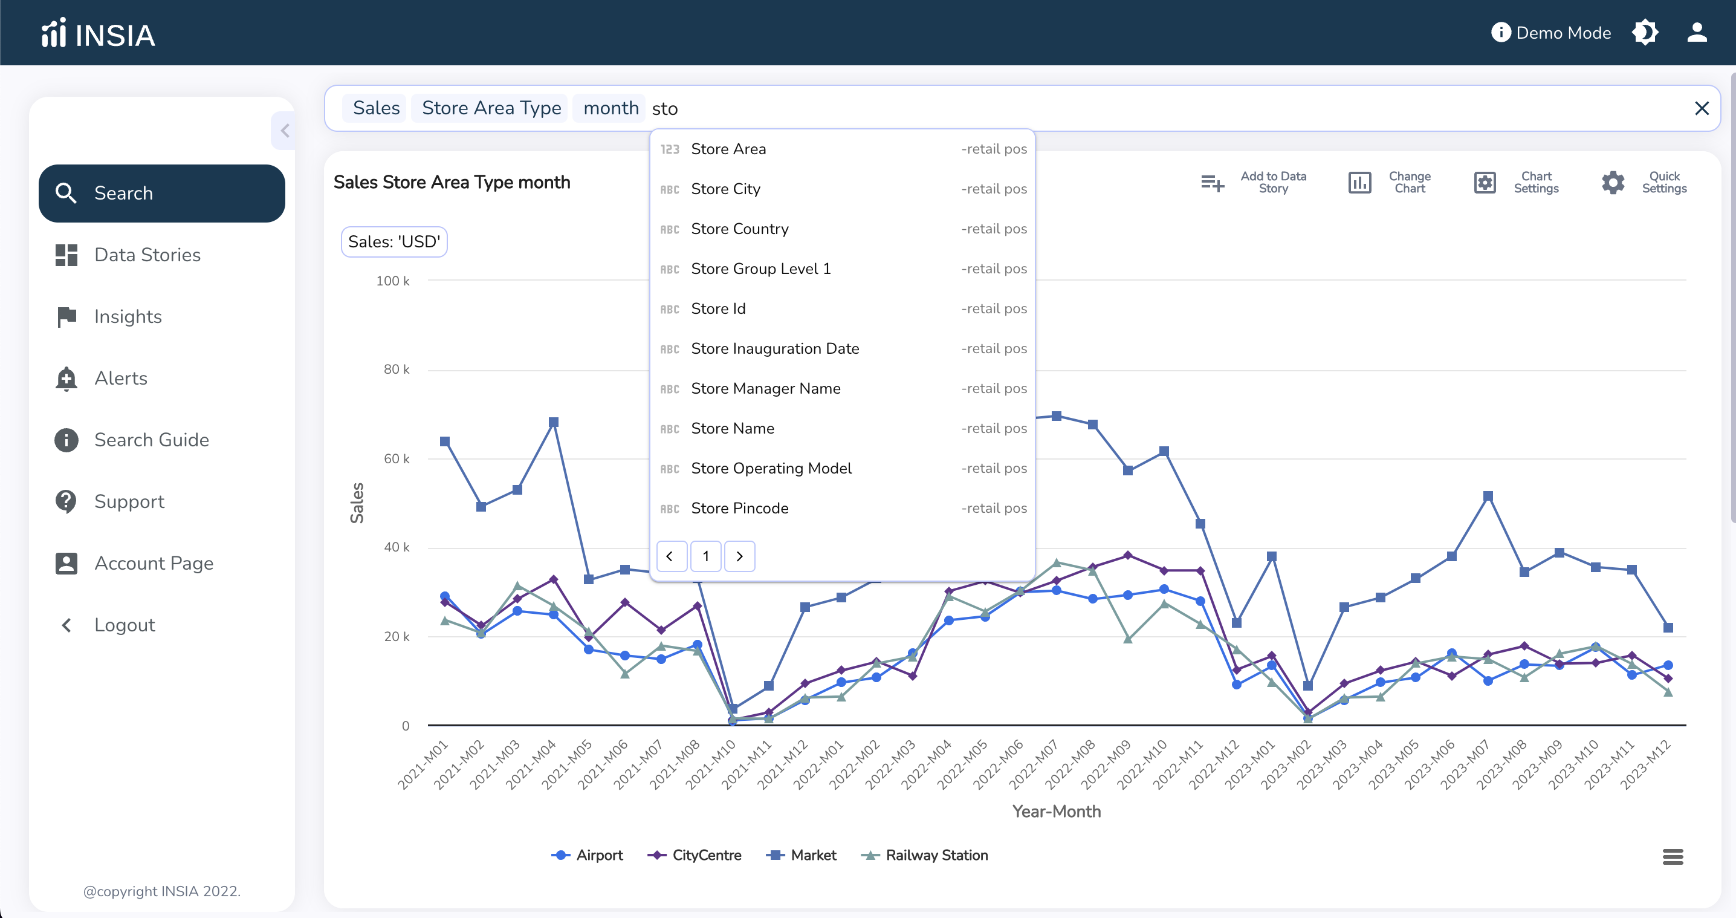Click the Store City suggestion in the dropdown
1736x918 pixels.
[x=726, y=189]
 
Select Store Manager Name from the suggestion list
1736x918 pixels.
[x=766, y=389]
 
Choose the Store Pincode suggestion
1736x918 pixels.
[x=739, y=509]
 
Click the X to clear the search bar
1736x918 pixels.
[x=1702, y=108]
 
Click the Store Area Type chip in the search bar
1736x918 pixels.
[x=491, y=108]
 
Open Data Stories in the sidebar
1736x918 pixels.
[x=147, y=255]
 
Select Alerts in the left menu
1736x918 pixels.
[x=121, y=379]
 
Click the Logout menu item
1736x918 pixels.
[x=125, y=625]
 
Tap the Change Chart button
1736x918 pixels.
[x=1389, y=183]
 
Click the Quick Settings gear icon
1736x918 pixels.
[x=1613, y=183]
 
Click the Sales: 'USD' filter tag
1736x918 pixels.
[x=394, y=242]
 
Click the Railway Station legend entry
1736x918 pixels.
[x=925, y=855]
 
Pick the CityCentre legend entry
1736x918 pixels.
[x=694, y=855]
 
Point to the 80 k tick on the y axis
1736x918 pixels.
[x=397, y=369]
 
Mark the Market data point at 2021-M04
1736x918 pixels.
[x=553, y=423]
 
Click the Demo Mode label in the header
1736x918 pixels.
[x=1563, y=33]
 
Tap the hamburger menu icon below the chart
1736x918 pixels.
[x=1673, y=857]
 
